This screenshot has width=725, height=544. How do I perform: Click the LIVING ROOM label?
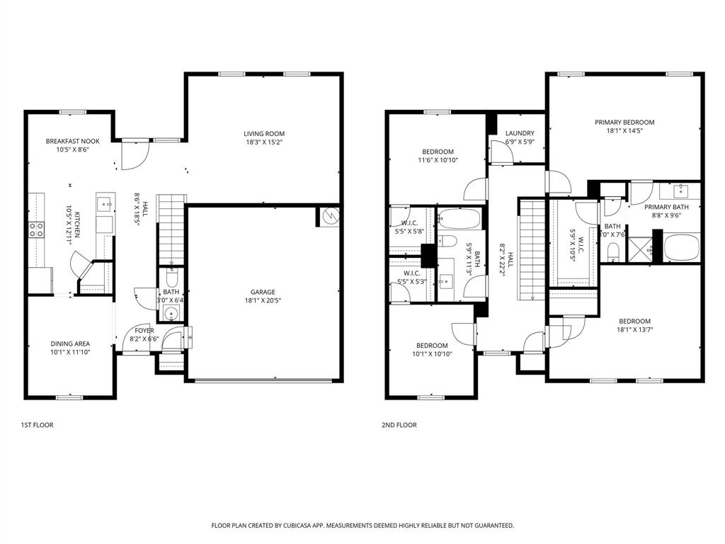(263, 133)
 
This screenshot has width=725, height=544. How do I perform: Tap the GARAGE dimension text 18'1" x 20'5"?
(262, 300)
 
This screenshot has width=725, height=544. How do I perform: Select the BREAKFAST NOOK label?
(73, 141)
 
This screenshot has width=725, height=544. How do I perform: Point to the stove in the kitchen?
(36, 229)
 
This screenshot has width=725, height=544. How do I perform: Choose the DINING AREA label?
(70, 344)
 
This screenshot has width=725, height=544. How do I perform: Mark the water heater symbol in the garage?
(329, 217)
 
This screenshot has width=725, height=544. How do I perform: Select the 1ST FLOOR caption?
(37, 425)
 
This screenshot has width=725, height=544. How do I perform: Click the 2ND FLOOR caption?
(400, 425)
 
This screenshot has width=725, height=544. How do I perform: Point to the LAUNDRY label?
(520, 133)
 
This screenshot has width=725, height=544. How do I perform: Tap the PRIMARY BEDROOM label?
(624, 122)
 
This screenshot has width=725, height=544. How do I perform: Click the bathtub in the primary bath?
(682, 248)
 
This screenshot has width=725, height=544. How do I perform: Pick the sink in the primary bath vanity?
(681, 191)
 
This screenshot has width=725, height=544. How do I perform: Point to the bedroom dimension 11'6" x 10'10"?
(438, 160)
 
